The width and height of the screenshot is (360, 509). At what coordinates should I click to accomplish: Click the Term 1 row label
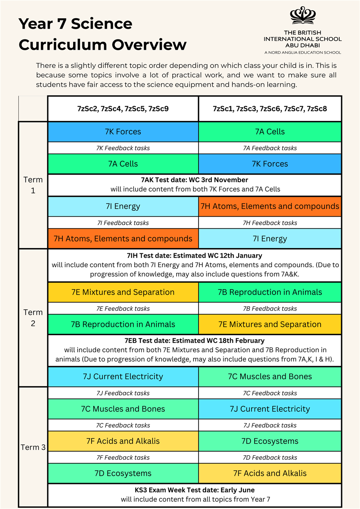point(33,185)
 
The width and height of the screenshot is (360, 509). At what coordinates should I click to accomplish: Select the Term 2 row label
point(33,318)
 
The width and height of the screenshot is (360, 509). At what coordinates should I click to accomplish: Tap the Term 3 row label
point(33,447)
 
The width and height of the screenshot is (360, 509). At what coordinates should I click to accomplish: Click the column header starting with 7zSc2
point(123,109)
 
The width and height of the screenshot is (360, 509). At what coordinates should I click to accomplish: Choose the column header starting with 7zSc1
point(270,109)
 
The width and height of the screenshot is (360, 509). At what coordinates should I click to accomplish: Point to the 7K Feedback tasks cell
point(123,148)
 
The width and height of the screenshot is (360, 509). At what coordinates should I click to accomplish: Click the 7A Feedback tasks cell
point(270,148)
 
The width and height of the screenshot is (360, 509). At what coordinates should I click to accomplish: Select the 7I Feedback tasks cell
point(123,223)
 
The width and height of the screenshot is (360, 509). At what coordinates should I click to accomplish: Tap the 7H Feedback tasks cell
point(270,223)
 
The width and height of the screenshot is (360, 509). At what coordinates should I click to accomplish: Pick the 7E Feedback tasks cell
point(123,308)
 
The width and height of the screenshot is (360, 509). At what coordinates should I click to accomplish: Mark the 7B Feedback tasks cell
point(270,308)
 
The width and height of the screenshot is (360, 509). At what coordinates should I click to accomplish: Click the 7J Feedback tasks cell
point(123,393)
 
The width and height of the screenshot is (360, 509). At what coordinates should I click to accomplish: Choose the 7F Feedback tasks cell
point(123,457)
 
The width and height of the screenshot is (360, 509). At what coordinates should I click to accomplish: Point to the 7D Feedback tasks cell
point(270,457)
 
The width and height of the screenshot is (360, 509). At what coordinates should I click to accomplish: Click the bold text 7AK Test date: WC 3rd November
point(195,180)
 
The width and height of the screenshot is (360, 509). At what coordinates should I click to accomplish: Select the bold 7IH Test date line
point(195,255)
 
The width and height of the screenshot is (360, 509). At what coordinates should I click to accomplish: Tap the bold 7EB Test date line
point(195,340)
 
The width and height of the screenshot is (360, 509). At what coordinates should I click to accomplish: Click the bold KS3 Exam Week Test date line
point(195,490)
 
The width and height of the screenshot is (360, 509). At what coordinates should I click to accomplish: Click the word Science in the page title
point(102,24)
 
